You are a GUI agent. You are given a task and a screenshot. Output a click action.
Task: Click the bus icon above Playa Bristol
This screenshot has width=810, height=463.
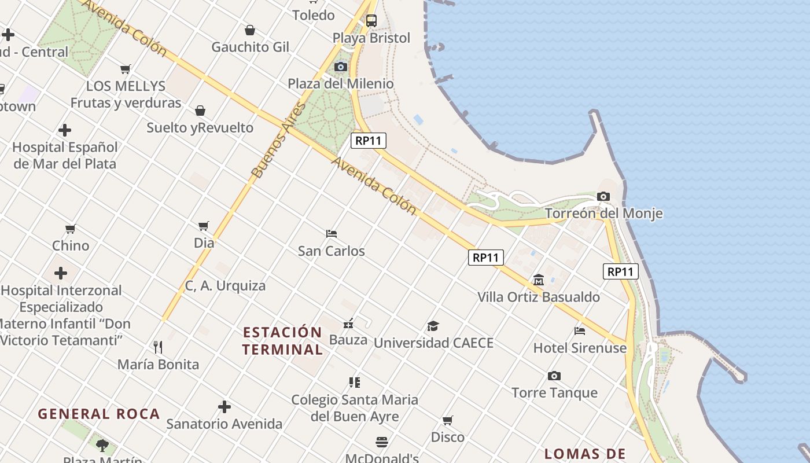[371, 21]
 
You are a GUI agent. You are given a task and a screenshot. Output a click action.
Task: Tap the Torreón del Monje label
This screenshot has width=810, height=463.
[603, 214]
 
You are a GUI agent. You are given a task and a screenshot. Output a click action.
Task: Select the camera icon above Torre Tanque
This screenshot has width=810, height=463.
[554, 376]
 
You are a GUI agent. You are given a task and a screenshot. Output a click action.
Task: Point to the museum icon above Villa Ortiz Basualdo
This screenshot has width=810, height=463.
[539, 280]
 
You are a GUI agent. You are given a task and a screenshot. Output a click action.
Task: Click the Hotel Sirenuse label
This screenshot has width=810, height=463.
[580, 348]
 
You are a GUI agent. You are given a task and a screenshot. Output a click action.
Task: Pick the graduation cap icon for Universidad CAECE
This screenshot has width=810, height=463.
[433, 326]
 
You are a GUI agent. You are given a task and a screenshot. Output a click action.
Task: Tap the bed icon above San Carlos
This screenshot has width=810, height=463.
[332, 234]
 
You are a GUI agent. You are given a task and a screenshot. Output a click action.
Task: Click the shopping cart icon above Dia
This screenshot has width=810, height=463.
[204, 226]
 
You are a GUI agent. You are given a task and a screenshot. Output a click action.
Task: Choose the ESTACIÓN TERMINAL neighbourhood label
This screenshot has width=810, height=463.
[282, 341]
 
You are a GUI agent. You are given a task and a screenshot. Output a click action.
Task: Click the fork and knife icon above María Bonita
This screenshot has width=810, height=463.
[158, 347]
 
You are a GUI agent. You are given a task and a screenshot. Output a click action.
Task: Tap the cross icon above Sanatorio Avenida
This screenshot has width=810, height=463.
[224, 407]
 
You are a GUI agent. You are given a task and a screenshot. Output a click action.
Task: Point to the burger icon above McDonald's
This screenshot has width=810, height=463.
[382, 442]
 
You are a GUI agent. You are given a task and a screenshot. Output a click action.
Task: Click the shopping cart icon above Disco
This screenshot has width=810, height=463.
[448, 420]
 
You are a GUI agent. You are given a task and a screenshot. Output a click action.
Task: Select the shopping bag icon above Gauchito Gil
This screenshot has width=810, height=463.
[250, 30]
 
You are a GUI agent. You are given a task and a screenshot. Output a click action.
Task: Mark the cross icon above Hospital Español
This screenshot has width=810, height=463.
[65, 130]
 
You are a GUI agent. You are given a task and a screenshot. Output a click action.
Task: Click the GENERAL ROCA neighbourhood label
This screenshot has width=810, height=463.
[99, 414]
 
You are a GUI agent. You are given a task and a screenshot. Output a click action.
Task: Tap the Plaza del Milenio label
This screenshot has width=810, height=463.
[341, 84]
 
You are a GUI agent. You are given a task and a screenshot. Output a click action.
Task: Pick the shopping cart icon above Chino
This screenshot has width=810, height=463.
[71, 229]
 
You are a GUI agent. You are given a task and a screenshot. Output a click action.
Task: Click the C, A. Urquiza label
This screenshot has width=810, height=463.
[225, 285]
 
